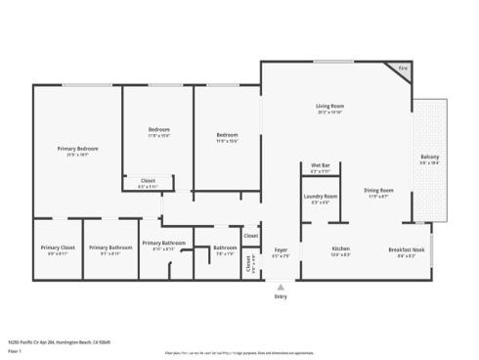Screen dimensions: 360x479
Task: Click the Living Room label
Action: (328, 106)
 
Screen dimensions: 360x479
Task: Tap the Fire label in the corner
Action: (403, 68)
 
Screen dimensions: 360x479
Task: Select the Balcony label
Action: (429, 157)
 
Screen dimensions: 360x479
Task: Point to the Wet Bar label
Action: (320, 165)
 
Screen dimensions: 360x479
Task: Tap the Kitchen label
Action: (340, 248)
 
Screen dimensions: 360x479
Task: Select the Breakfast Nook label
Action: (406, 248)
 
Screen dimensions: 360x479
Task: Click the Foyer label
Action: (281, 249)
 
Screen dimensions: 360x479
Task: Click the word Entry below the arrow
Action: (281, 295)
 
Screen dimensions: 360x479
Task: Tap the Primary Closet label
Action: (58, 248)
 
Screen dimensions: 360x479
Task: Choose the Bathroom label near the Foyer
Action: (224, 248)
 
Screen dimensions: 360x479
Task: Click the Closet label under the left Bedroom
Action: (149, 180)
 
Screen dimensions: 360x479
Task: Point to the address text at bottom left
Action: (59, 342)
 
